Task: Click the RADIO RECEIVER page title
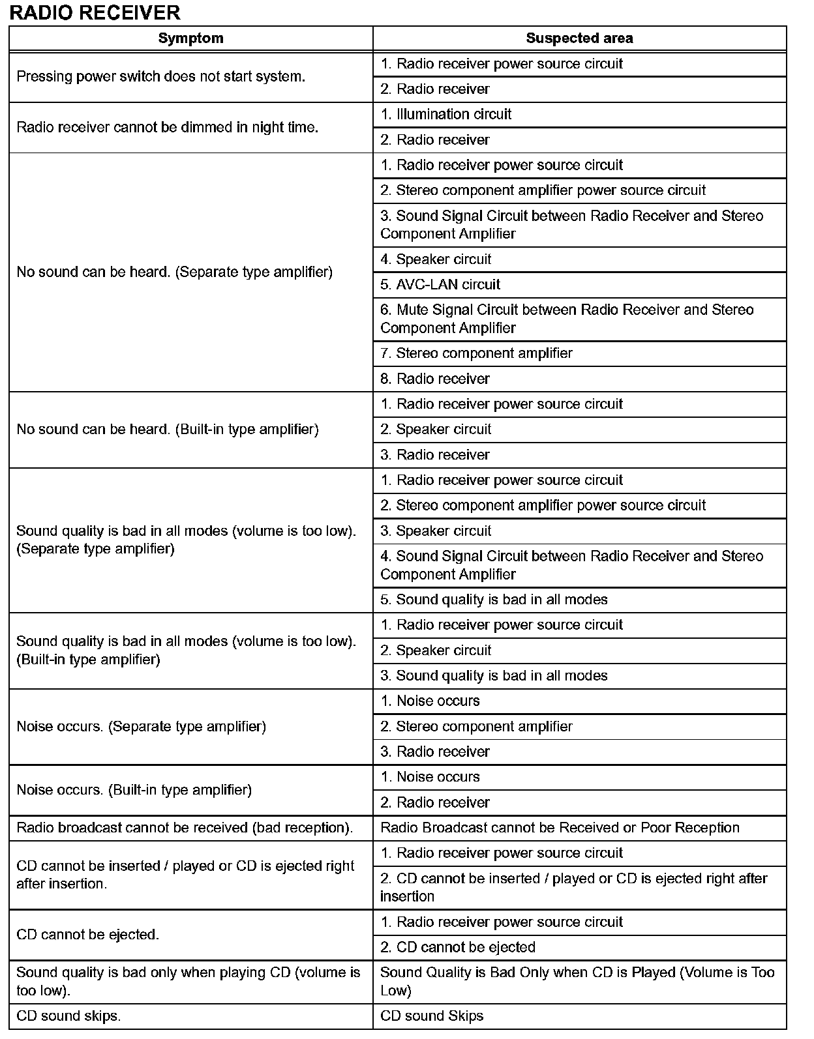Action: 95,12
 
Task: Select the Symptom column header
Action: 190,38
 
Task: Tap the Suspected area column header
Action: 579,38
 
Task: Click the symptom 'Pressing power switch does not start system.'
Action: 160,76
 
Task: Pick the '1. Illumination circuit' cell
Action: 445,115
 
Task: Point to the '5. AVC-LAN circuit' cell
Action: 440,285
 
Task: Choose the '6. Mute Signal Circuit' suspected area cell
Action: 567,319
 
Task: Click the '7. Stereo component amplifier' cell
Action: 476,353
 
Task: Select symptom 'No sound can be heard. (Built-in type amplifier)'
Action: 168,430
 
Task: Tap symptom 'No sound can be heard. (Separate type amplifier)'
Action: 174,272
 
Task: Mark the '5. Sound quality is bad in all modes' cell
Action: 494,600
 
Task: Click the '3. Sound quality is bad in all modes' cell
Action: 494,676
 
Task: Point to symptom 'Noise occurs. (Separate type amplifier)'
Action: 141,727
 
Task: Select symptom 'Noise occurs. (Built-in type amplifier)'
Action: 134,790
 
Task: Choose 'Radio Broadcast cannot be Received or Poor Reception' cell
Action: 560,828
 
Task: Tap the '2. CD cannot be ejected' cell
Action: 458,947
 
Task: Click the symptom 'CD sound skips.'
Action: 68,1016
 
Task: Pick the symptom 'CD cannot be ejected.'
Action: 87,935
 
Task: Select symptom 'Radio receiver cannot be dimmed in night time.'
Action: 167,127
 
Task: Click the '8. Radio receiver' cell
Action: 435,379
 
